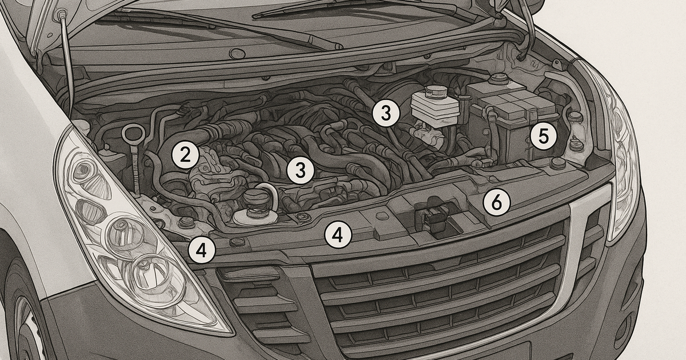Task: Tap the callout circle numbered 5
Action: click(543, 136)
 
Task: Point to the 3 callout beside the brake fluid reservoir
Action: click(385, 113)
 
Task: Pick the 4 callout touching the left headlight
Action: click(202, 250)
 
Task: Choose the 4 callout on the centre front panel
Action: click(338, 235)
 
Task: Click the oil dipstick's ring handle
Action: click(130, 134)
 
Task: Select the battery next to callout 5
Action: click(512, 123)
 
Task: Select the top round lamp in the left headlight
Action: click(86, 171)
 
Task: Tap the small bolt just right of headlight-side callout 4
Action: click(236, 243)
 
